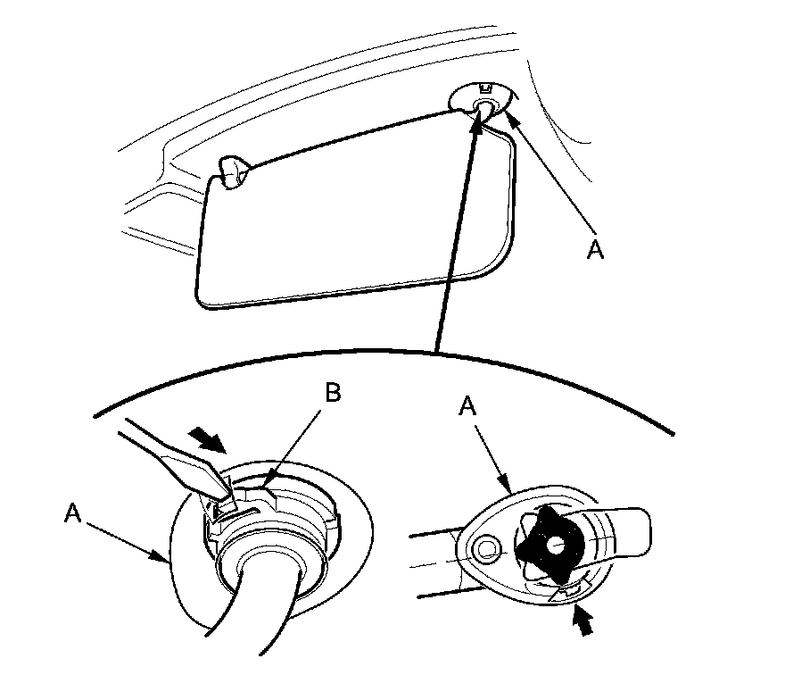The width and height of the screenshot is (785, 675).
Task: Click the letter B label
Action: tap(331, 394)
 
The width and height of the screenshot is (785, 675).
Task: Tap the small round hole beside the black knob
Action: tap(487, 546)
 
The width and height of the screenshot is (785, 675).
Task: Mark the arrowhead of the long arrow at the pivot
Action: tap(477, 122)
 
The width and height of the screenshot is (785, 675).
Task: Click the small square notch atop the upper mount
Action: tap(485, 88)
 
